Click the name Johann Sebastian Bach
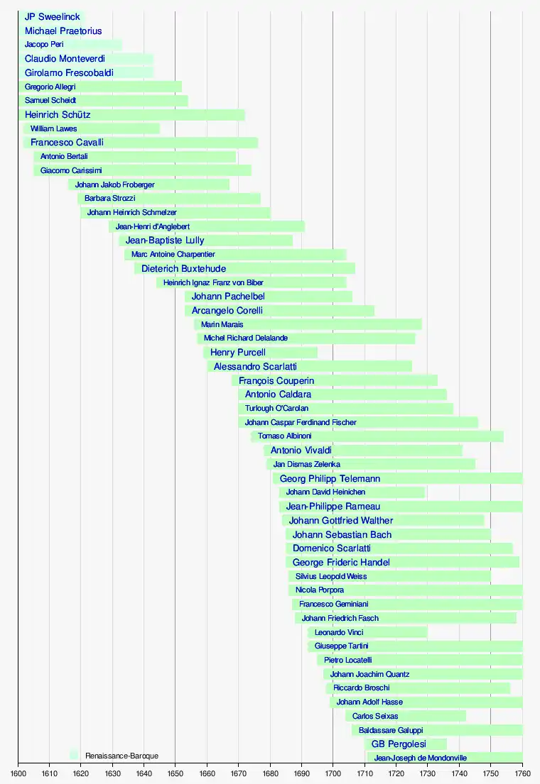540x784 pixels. tap(342, 534)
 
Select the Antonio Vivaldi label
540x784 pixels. tap(301, 451)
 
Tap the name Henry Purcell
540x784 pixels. tap(238, 353)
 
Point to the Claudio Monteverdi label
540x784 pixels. tap(65, 59)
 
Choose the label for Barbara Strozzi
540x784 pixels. tap(109, 199)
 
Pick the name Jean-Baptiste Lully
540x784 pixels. tap(165, 241)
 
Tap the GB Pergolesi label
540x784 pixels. tap(399, 744)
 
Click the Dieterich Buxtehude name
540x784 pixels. tap(184, 269)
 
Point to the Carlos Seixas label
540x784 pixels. tap(375, 717)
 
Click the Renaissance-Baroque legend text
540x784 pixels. tap(121, 756)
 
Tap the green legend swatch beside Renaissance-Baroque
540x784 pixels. tap(74, 755)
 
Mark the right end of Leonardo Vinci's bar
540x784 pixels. tap(427, 632)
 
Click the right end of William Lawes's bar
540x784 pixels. tap(160, 128)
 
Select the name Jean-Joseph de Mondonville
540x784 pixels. tap(420, 758)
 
